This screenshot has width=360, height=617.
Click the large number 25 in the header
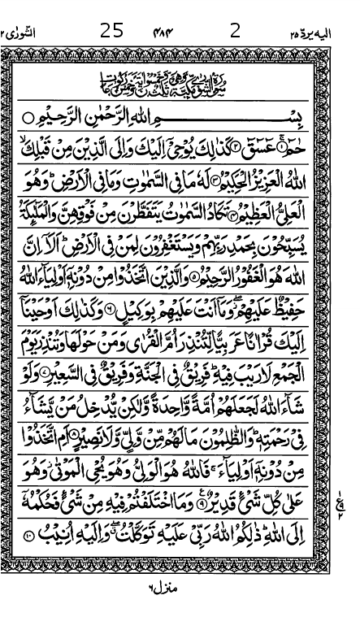tap(112, 32)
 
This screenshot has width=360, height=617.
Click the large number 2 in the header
tap(236, 32)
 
